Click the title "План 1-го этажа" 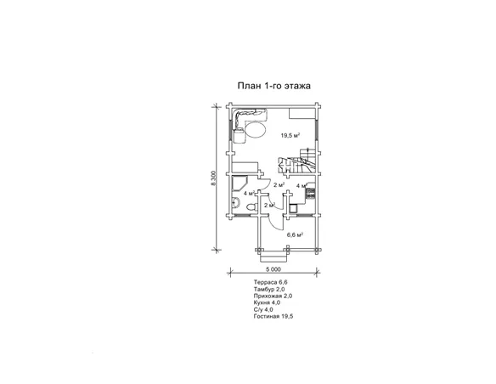pos(274,86)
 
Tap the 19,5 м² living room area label pos(290,136)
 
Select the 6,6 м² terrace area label pos(295,234)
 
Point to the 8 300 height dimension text pos(214,178)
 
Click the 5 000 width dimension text pos(273,269)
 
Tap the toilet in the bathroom pos(251,207)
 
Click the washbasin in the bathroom pos(234,202)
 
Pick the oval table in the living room pos(256,129)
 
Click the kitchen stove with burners pos(310,193)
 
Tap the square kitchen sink pos(293,208)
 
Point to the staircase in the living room pos(296,161)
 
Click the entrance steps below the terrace pos(273,257)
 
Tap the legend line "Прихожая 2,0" pos(273,296)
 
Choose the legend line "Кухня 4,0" pos(267,302)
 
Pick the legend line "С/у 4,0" pos(263,310)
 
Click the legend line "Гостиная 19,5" pos(273,316)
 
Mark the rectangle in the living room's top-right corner pos(303,113)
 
